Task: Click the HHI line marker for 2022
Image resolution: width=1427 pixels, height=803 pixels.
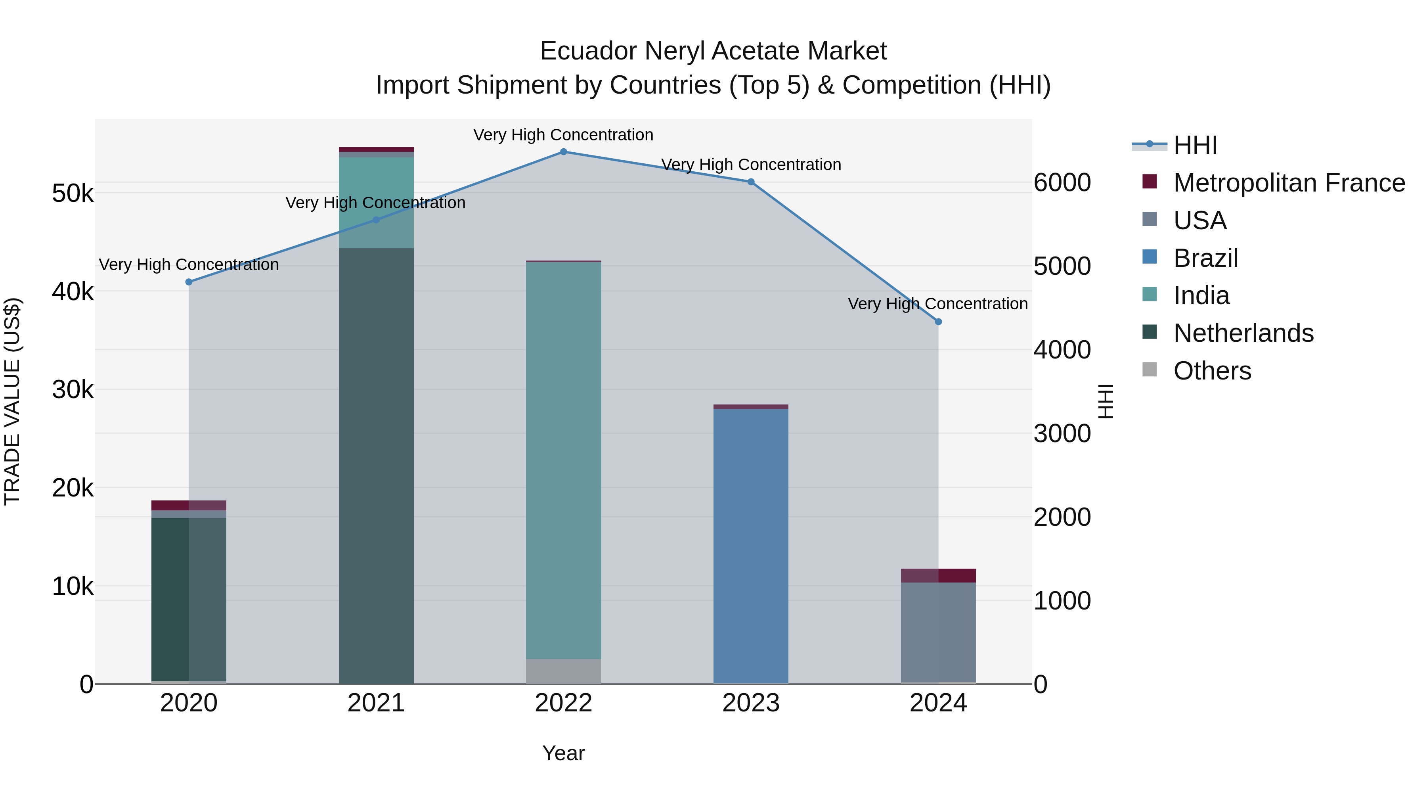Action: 563,152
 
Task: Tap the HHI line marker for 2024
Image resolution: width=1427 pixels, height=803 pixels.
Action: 938,322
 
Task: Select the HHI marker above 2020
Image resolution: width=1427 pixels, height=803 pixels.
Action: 189,282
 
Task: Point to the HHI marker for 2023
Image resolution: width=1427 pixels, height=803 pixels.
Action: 751,182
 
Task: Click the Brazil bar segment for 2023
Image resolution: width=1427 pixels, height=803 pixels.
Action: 751,546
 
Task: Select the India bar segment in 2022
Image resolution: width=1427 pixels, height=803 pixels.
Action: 563,460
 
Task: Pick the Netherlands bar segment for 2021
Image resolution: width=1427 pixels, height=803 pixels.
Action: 376,466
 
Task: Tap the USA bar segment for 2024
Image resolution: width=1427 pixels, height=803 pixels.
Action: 938,632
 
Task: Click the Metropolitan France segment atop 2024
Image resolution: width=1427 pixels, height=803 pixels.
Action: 938,576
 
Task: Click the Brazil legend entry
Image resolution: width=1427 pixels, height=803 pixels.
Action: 1205,258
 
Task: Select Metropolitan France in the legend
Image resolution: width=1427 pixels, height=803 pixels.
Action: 1289,183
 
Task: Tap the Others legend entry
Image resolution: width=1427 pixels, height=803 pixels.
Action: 1212,371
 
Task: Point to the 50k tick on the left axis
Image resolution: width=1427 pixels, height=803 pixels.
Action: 73,194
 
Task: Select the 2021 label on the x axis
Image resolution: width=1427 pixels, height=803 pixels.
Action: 376,703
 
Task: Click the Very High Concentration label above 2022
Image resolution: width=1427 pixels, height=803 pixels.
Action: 563,135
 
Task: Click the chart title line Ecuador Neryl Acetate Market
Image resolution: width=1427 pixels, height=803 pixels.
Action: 713,51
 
